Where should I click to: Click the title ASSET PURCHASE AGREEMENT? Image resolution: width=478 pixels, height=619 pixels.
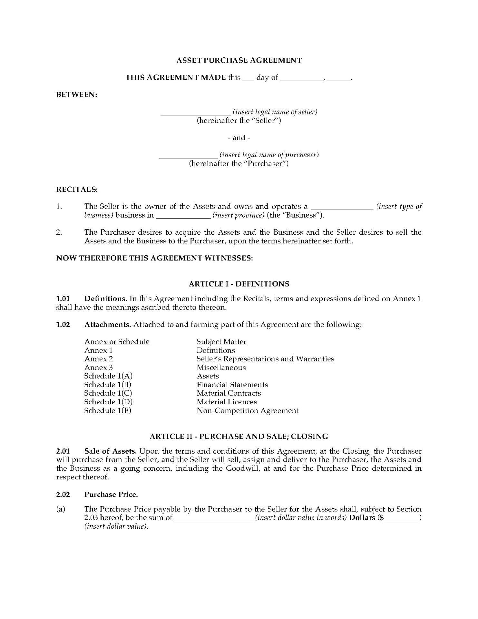coord(239,60)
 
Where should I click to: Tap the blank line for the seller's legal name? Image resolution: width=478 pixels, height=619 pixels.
coord(196,113)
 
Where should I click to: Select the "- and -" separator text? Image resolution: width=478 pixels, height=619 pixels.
coord(239,138)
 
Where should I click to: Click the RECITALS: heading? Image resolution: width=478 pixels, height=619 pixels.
coord(77,189)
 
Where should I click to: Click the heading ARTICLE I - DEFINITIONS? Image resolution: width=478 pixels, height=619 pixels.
coord(239,284)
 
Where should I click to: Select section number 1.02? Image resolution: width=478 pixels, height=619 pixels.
coord(63,324)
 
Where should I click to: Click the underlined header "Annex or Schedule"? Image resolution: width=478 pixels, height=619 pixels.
coord(117,341)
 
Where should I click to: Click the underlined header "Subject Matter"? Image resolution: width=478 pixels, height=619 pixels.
coord(221,341)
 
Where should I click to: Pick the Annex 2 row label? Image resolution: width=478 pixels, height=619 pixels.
coord(99,359)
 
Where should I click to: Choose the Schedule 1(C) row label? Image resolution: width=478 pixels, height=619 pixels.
coord(108,393)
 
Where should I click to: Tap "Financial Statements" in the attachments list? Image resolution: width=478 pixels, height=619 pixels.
coord(232,385)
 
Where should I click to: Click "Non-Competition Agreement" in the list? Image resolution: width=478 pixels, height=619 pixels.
coord(248,410)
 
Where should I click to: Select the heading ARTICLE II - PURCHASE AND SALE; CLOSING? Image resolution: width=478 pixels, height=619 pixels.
coord(239,436)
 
